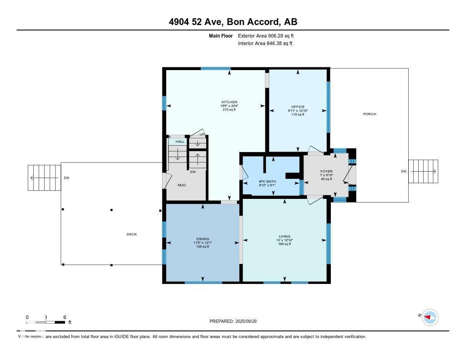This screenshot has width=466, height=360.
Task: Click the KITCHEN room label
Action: coord(229,102)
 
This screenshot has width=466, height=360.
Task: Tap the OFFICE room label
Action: coord(298,107)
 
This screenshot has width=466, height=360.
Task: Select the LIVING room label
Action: coord(284,236)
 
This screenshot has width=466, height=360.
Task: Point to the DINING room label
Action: coord(203,239)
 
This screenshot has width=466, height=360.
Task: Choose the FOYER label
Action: coord(326,172)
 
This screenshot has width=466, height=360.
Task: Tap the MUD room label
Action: coord(182,185)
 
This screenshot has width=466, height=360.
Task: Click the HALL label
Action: coord(180,142)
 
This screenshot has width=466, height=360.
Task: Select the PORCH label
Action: coord(370,114)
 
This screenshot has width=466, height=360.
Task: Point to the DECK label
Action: coord(132,234)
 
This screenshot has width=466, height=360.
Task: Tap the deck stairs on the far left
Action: coord(45,177)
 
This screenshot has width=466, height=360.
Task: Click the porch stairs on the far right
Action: coord(423,171)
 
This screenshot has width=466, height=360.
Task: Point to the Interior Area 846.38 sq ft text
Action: coord(265,44)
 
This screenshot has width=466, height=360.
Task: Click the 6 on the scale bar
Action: coord(65,317)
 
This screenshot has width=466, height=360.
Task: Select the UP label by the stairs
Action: coord(202,134)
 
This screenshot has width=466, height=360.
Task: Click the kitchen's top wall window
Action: coord(215,69)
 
